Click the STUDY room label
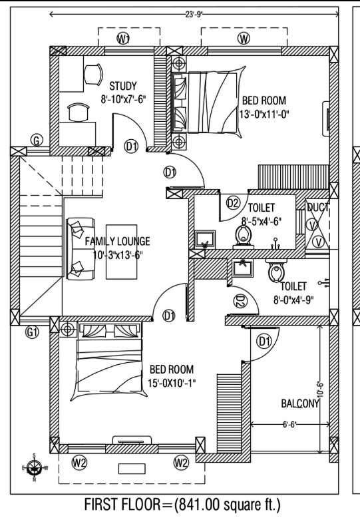[x=123, y=87]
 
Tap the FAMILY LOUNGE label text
[x=117, y=241]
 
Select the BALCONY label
[x=300, y=403]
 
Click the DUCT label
[x=317, y=208]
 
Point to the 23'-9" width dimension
[x=194, y=14]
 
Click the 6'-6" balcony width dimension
[x=289, y=425]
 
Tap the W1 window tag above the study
[x=123, y=39]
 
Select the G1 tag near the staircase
[x=32, y=332]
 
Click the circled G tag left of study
[x=37, y=140]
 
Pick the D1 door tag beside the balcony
[x=264, y=341]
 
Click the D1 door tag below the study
[x=131, y=146]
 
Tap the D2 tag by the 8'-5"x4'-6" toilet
[x=233, y=202]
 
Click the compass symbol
[x=34, y=467]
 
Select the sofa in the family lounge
[x=81, y=249]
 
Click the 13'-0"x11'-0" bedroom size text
[x=264, y=114]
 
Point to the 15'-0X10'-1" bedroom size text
[x=172, y=383]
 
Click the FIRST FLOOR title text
[x=122, y=505]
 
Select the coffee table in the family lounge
[x=121, y=252]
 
